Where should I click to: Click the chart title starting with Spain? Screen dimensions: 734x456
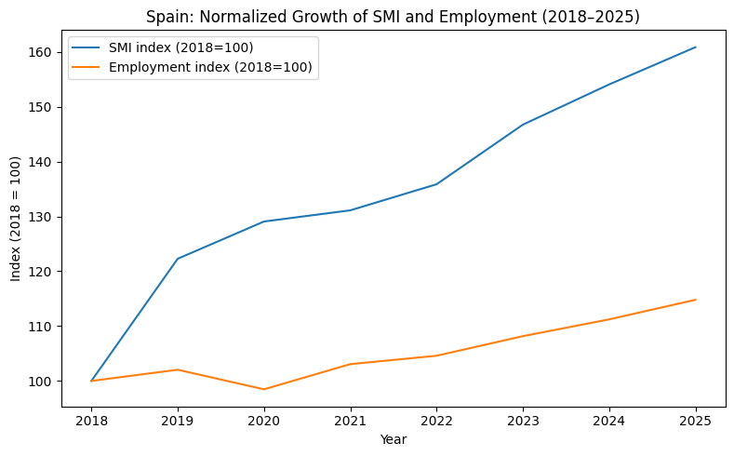[x=393, y=17]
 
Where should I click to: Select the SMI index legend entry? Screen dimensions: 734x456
[x=162, y=47]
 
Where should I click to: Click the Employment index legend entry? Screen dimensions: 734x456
[x=192, y=67]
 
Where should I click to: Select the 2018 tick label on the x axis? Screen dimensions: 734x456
[x=91, y=421]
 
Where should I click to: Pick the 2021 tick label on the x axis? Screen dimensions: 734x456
[x=350, y=421]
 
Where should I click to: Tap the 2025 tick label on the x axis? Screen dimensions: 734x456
[x=696, y=421]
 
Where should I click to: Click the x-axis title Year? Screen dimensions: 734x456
[x=394, y=439]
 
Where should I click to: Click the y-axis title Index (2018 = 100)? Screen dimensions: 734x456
[x=16, y=219]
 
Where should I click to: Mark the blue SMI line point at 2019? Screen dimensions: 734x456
[x=178, y=259]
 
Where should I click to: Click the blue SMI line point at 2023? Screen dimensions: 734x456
[x=523, y=125]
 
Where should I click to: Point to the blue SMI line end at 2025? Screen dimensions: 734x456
[x=696, y=47]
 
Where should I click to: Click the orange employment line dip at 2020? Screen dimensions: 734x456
[x=264, y=389]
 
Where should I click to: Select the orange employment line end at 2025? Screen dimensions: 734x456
[x=696, y=300]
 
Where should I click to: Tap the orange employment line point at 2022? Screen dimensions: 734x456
[x=436, y=355]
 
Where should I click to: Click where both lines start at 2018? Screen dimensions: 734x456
[x=91, y=381]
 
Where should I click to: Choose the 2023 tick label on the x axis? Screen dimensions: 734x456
[x=523, y=421]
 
